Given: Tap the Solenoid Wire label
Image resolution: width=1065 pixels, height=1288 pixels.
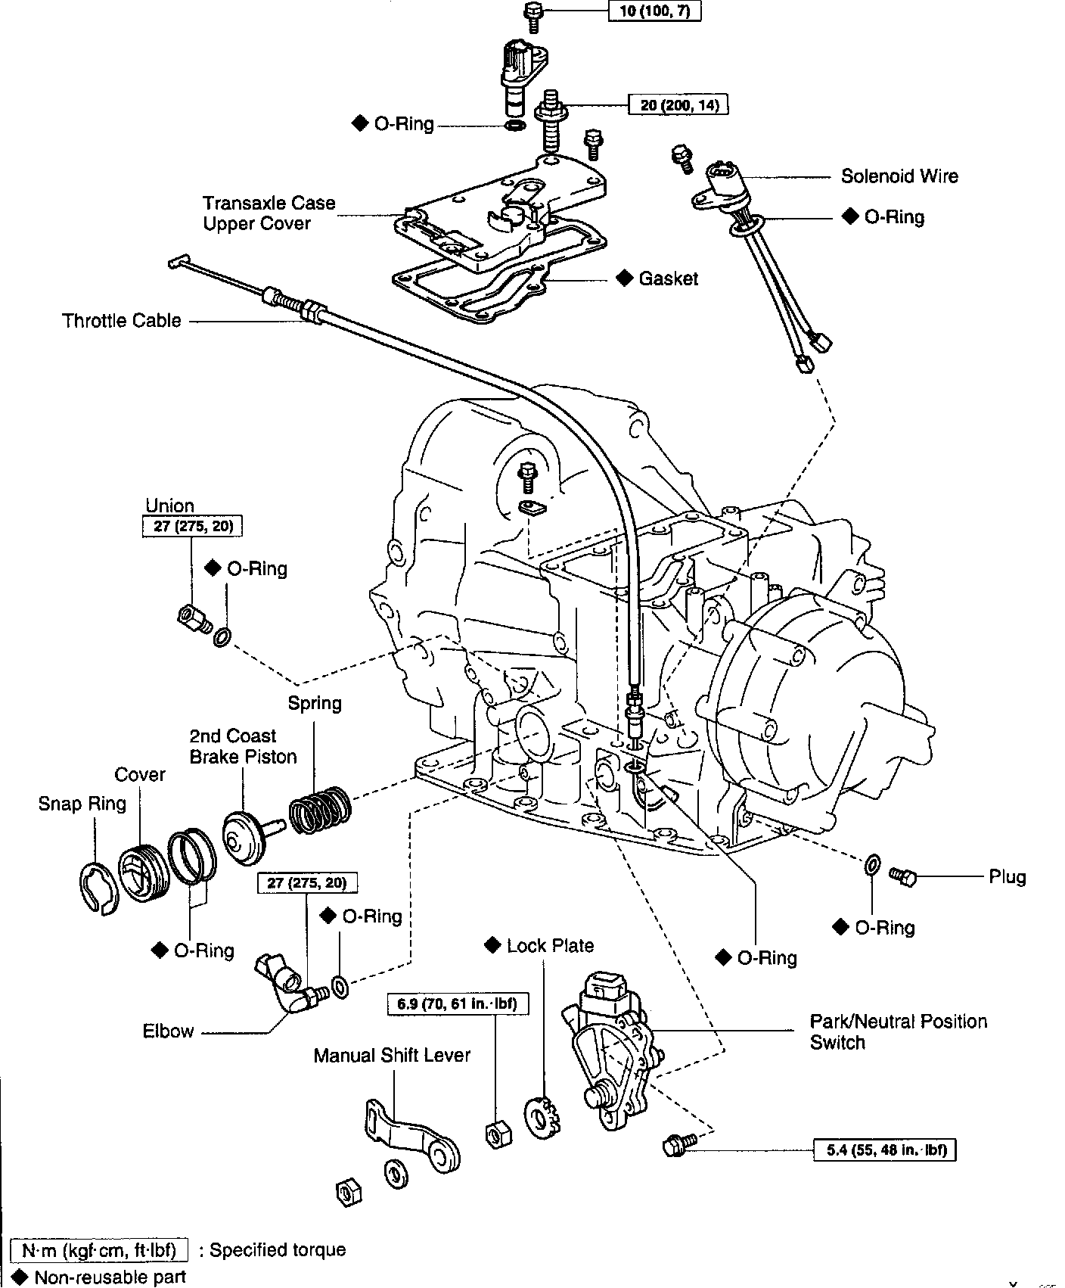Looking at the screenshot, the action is (899, 176).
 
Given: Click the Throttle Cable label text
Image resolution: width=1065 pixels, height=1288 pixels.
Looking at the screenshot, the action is (122, 321).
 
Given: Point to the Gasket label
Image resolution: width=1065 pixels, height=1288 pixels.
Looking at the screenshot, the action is (669, 278).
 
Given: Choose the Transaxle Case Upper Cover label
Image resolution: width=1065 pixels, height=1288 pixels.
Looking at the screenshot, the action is (269, 213).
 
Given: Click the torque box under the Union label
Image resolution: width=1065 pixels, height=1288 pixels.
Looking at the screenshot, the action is (193, 527).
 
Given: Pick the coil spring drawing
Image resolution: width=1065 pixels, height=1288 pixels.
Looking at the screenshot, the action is (321, 807).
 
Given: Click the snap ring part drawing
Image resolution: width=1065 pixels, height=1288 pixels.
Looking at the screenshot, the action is (99, 888).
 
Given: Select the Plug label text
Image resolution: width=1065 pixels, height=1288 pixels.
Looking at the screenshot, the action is (1008, 877).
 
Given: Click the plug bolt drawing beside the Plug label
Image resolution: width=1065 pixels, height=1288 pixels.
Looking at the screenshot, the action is (902, 876).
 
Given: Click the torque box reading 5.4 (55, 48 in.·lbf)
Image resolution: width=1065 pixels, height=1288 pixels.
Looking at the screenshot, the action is (885, 1150).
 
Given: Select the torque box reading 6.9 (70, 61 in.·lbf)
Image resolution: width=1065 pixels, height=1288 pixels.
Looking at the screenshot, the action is (458, 1004).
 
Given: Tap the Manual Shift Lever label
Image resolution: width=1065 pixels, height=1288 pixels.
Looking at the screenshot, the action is (392, 1056).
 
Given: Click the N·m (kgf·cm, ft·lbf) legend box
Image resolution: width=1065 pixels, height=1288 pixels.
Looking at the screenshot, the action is (100, 1249).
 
